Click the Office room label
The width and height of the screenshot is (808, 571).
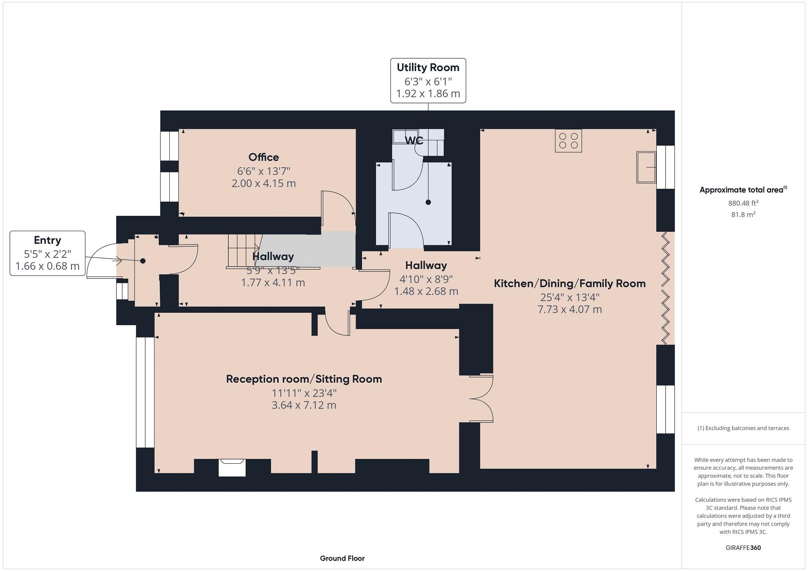point(263,157)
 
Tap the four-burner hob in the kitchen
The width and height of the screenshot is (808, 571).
point(568,141)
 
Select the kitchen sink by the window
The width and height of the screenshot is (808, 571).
point(646,167)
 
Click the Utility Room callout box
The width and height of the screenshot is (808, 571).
point(428,81)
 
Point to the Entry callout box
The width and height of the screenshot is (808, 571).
point(48,253)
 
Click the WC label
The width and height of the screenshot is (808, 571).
point(414,140)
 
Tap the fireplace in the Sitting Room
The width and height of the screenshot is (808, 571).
point(232,467)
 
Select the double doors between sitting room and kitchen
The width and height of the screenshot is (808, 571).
point(482,398)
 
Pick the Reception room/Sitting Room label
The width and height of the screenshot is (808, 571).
point(304,379)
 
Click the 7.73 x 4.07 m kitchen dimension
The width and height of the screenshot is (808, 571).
point(570,309)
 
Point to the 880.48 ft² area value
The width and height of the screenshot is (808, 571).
point(743,203)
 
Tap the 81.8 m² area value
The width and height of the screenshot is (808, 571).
point(743,215)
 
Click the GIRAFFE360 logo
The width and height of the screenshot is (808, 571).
point(743,547)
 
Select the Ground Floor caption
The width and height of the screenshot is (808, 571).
point(342,558)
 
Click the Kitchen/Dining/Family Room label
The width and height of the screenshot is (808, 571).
point(570,284)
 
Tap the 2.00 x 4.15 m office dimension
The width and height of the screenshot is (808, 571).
point(263,184)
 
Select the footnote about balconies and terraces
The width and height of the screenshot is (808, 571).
point(743,428)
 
